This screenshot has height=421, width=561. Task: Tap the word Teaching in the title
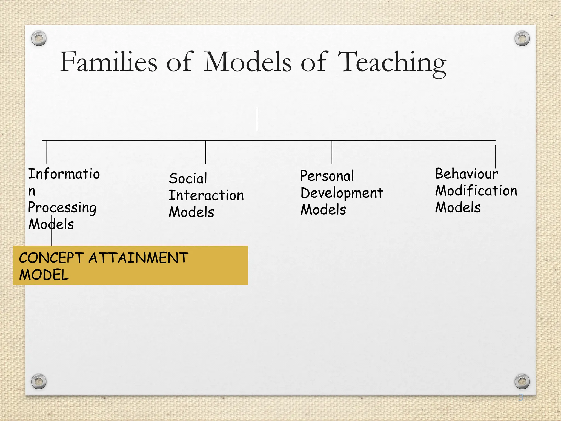(392, 63)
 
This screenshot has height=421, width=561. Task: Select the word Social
(188, 178)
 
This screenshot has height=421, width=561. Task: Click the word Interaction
(206, 195)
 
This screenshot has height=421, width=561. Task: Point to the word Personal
(327, 176)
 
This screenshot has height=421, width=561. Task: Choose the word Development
(342, 193)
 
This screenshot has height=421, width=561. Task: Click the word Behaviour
(466, 174)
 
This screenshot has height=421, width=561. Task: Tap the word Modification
(476, 191)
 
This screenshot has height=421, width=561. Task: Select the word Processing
(62, 208)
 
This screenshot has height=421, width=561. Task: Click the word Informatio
(64, 174)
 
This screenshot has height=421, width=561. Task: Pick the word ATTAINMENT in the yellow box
(138, 258)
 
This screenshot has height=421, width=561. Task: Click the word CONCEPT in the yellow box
(51, 258)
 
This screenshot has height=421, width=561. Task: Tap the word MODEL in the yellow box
(44, 275)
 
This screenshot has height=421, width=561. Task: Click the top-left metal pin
(39, 38)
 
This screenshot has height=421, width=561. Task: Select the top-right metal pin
(522, 38)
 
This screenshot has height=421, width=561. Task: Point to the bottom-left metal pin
(39, 381)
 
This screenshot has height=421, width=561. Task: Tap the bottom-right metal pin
(522, 381)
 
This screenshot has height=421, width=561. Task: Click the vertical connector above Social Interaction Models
(206, 152)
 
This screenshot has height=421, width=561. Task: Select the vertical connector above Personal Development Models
(332, 152)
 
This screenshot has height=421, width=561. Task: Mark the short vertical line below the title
(257, 119)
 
